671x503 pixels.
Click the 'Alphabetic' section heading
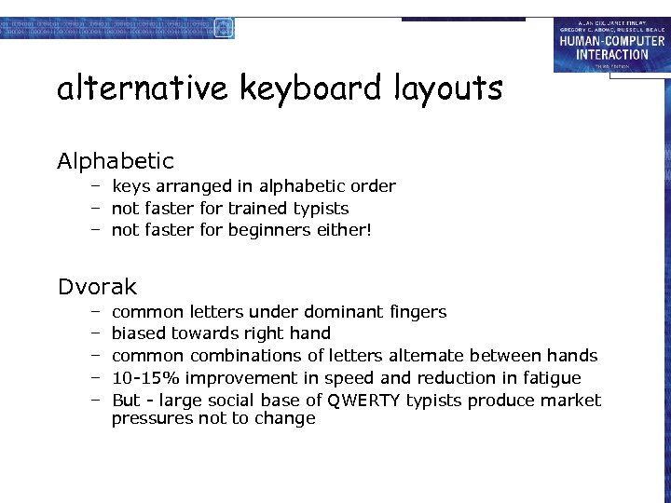coord(116,162)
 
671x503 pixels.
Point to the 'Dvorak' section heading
coord(97,287)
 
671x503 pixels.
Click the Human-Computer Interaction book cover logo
coord(610,46)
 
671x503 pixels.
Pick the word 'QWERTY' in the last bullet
coord(362,401)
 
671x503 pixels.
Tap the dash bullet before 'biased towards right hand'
coord(95,333)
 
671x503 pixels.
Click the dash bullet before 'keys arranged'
coord(95,186)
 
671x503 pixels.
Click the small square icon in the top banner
coord(223,29)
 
